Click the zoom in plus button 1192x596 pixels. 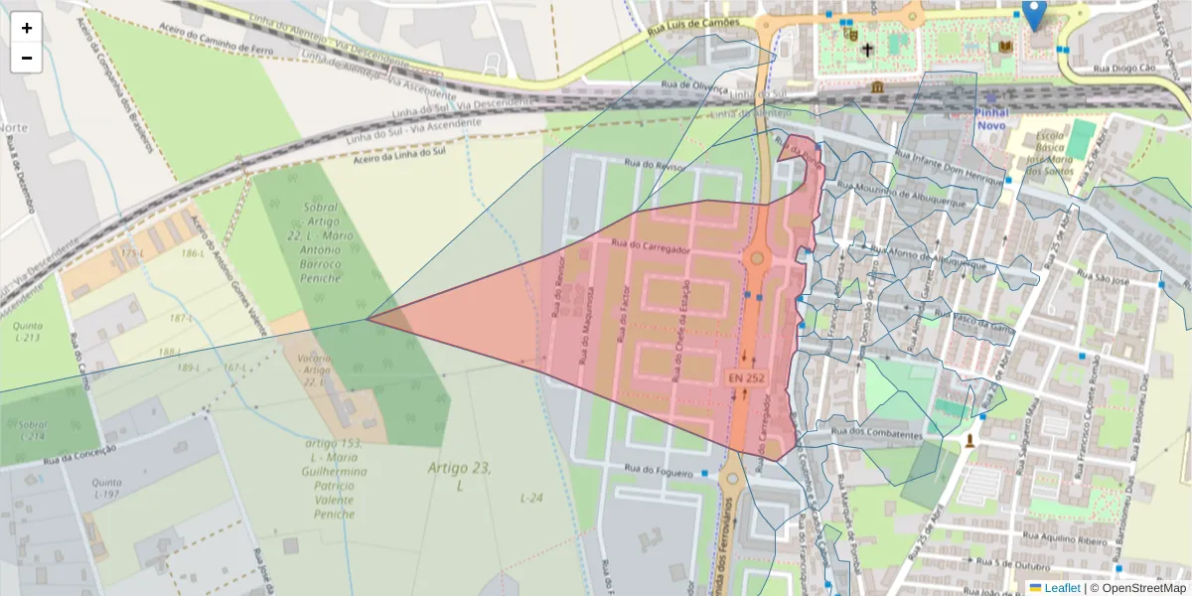[x=27, y=28]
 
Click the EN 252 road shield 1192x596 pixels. [x=747, y=378]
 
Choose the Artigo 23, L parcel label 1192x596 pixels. [x=460, y=476]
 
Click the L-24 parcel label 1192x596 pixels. [x=532, y=497]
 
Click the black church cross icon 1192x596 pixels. [x=867, y=49]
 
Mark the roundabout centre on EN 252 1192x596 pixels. [x=757, y=258]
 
